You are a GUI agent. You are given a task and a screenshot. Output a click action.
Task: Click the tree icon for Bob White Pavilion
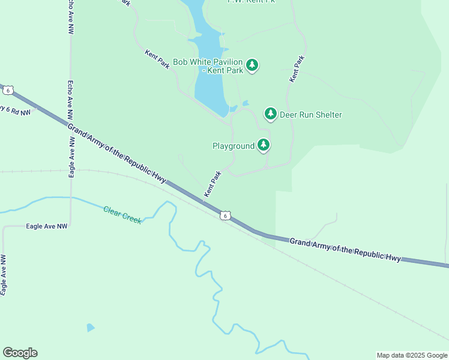point(252,65)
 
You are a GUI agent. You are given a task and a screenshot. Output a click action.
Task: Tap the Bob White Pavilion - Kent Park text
point(208,66)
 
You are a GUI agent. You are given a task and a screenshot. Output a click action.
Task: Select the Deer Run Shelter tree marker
point(271,113)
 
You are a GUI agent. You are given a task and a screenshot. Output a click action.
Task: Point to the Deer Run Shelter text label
point(311,115)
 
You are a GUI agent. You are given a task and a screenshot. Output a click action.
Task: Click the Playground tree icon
point(264,145)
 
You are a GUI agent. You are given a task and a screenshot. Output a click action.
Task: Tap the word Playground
point(234,146)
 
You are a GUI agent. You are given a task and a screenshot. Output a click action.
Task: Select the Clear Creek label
point(122,215)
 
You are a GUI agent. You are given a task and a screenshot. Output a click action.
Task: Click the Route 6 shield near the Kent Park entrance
point(224,215)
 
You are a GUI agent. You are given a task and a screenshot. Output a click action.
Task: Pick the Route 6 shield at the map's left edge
point(7,90)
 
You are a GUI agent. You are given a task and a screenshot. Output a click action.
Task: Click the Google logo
point(20,353)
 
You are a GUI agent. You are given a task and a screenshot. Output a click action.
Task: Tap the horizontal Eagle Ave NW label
point(47,226)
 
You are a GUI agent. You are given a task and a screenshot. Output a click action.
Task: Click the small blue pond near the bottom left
point(90,328)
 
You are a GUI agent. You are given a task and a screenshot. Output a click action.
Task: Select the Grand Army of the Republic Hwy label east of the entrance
point(345,249)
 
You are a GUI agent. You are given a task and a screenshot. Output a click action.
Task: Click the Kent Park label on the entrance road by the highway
point(212,184)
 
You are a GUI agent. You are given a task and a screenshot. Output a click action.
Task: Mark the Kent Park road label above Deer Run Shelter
point(297,69)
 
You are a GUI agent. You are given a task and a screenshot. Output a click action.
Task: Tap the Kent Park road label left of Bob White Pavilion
point(157,59)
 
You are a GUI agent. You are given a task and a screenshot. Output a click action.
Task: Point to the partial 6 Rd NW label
point(14,110)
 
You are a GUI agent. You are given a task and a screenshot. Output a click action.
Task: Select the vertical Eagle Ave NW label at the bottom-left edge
point(4,275)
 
